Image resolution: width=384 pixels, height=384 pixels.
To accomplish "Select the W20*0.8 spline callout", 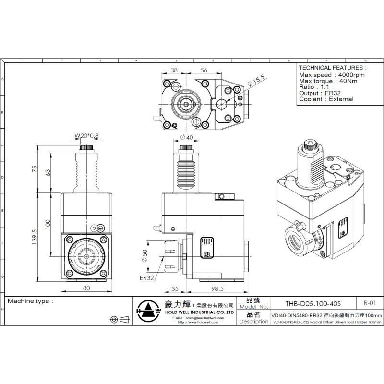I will pos(86,136).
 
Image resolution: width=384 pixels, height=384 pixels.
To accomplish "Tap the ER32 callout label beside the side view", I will pos(146,277).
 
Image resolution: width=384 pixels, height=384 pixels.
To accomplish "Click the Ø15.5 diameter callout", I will pos(256,81).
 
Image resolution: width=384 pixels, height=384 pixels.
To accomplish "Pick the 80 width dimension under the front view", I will pos(86,288).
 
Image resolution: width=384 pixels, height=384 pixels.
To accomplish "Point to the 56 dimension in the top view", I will pos(204,70).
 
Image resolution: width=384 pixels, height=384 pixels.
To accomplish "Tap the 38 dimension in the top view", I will pos(174,70).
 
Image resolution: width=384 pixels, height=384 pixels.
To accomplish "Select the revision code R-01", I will pos(370,303).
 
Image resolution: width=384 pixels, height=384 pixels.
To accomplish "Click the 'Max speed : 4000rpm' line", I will pos(332,75).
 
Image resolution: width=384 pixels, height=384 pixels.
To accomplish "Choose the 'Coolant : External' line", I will pos(326,99).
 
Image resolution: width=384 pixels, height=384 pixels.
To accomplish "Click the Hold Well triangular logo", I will pos(148,311).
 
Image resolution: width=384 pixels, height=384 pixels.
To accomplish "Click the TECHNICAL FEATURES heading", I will pos(332,68).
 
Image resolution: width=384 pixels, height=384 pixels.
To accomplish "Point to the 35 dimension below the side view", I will pos(174,288).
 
